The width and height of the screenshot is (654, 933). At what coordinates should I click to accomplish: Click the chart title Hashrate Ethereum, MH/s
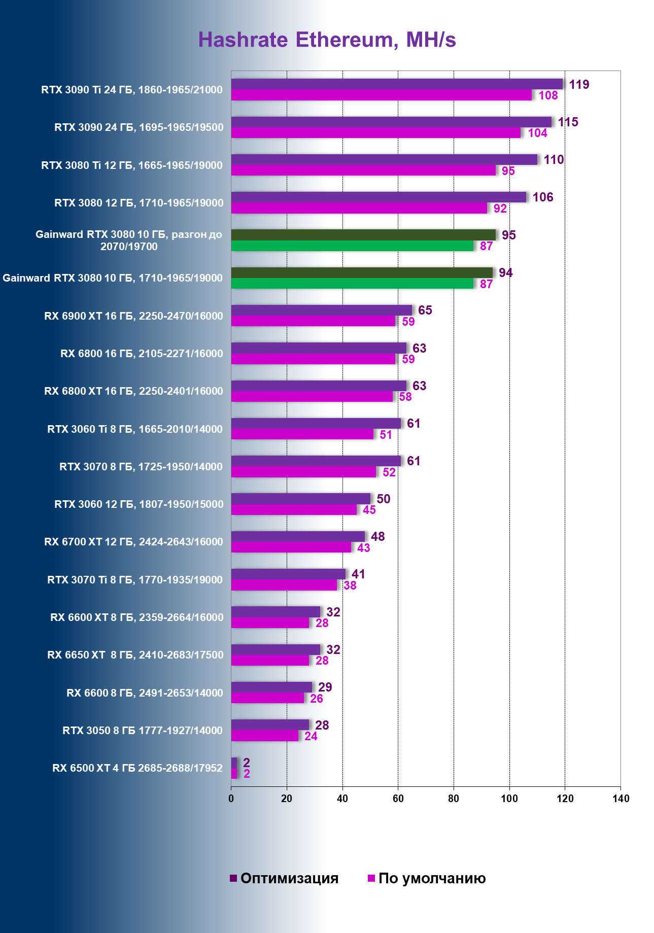click(x=327, y=40)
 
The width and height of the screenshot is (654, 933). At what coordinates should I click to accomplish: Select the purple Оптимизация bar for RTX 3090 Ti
click(x=397, y=84)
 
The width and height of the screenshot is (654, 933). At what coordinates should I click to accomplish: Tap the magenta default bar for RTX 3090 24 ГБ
click(x=375, y=133)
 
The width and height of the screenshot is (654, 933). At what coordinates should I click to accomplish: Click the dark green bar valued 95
click(x=363, y=235)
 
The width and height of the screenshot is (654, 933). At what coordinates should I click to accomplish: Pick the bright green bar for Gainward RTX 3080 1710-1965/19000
click(x=352, y=284)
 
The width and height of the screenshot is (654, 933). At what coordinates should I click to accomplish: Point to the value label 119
click(x=579, y=85)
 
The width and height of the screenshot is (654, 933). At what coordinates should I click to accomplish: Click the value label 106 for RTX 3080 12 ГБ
click(x=542, y=197)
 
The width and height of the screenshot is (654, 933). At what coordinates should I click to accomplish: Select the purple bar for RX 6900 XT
click(x=321, y=310)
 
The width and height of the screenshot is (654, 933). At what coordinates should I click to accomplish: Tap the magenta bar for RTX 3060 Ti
click(x=302, y=434)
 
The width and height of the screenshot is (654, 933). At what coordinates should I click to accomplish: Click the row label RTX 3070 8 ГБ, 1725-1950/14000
click(x=141, y=467)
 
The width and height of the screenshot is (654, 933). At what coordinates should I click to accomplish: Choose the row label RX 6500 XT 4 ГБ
click(x=137, y=768)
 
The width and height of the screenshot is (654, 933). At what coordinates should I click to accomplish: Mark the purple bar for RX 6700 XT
click(x=298, y=536)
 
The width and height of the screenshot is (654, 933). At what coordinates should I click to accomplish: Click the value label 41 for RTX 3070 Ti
click(x=358, y=574)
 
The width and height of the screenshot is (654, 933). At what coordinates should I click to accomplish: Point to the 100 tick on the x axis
click(x=509, y=799)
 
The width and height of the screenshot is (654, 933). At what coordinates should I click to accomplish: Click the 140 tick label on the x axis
click(x=621, y=799)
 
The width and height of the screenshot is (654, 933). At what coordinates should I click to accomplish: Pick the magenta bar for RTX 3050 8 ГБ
click(x=265, y=736)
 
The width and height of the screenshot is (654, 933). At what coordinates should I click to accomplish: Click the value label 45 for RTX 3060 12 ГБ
click(x=369, y=510)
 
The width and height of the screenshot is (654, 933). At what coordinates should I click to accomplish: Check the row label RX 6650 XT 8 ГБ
click(x=135, y=655)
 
